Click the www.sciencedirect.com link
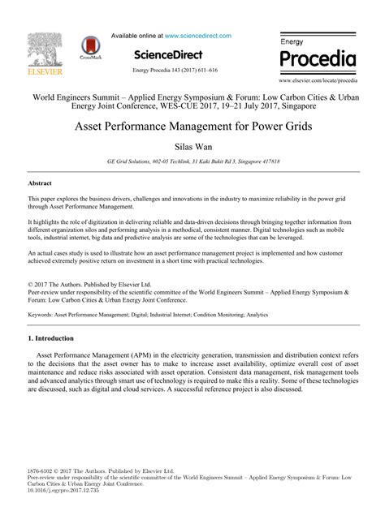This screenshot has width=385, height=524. (197, 36)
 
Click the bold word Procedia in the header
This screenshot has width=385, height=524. (318, 59)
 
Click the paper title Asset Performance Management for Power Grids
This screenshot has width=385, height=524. (192, 127)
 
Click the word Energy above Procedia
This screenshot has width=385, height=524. (293, 41)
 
